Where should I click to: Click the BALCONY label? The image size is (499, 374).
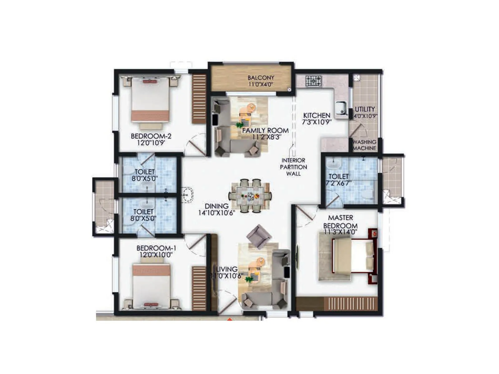pos(261,78)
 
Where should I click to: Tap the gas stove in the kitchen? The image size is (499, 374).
pos(313,81)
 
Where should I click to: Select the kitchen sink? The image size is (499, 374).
pos(341,108)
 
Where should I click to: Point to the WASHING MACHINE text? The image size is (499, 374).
pos(364,145)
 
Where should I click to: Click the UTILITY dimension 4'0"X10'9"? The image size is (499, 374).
pos(365,116)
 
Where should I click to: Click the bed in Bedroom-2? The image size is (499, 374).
pos(150,99)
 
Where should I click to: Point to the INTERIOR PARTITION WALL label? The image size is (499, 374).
pos(293,167)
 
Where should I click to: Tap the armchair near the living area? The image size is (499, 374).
pos(259,236)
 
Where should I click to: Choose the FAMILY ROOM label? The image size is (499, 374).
pos(265,130)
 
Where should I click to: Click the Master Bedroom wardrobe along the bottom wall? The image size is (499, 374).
pos(337,304)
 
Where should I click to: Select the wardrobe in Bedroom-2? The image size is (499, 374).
pos(199,98)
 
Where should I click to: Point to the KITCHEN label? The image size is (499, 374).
pos(317,115)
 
